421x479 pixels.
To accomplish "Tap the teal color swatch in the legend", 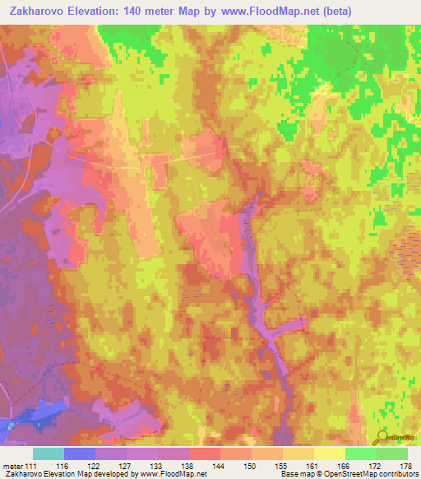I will click(48, 453).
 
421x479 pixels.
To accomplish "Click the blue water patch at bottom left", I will click(37, 416).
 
